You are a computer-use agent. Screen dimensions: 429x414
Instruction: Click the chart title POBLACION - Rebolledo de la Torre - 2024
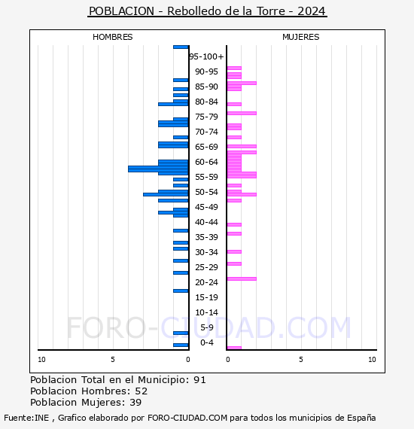[x=207, y=11]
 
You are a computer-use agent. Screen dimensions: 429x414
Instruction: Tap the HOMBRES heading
[x=112, y=37]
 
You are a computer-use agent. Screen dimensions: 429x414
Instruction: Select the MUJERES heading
[x=300, y=37]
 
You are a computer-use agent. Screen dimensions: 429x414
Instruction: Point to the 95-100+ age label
[x=207, y=56]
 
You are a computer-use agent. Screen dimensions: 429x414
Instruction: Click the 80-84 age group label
[x=207, y=102]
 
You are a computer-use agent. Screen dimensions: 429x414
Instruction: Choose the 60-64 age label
[x=207, y=162]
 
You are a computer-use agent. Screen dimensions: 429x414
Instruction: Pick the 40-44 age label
[x=207, y=222]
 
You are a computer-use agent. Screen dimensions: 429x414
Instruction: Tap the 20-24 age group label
[x=207, y=282]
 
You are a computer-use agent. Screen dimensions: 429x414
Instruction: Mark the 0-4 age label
[x=207, y=342]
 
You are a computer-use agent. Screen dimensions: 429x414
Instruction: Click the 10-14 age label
[x=207, y=312]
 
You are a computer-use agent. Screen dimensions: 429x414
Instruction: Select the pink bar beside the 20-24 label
[x=242, y=278]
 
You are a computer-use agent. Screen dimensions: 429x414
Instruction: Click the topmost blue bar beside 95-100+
[x=181, y=47]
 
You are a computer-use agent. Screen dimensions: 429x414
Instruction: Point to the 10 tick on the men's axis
[x=41, y=360]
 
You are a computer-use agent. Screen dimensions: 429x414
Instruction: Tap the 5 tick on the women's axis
[x=300, y=360]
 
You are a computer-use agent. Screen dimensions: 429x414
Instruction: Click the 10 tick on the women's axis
[x=372, y=360]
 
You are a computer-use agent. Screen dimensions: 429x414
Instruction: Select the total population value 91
[x=199, y=379]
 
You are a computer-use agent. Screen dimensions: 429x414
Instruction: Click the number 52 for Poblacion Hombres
[x=141, y=391]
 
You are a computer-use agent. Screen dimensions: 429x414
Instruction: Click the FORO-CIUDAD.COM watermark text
[x=209, y=327]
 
